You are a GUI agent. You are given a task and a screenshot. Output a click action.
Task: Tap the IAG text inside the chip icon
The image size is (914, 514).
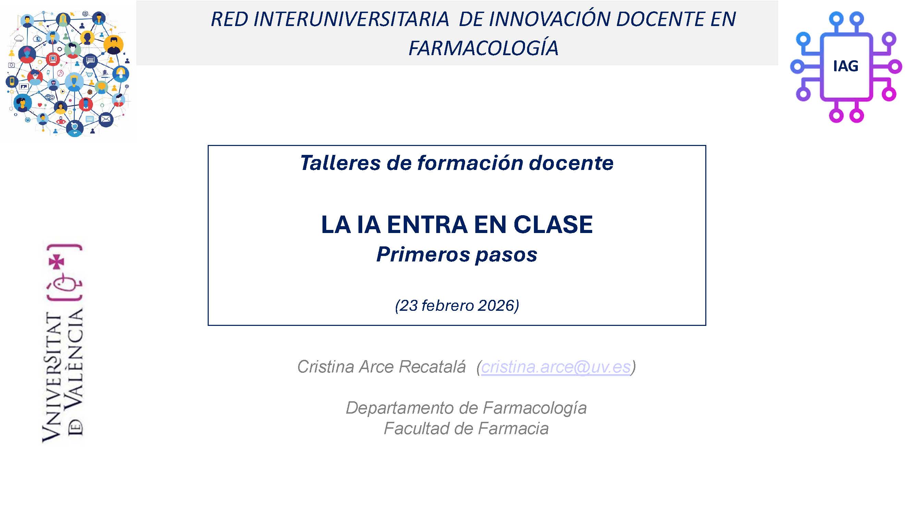tap(845, 66)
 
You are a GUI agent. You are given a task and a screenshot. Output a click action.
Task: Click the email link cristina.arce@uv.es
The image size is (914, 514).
tap(556, 366)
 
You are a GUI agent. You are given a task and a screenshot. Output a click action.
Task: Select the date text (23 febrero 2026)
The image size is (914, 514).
tap(457, 305)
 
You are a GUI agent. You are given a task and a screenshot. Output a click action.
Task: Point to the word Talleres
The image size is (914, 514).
tap(340, 163)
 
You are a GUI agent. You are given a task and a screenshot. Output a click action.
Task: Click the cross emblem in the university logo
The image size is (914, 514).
tap(57, 262)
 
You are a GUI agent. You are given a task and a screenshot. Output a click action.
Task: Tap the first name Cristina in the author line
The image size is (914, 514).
tap(326, 366)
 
